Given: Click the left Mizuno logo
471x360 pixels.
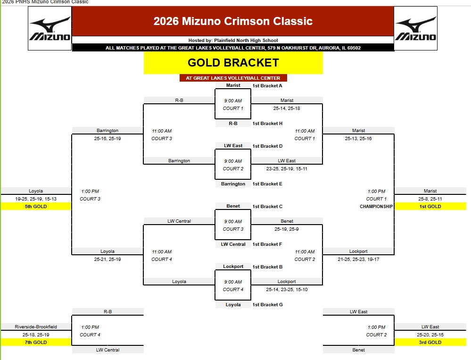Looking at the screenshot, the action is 50,29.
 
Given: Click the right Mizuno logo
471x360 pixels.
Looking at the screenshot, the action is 416,29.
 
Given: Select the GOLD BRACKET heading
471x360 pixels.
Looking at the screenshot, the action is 233,62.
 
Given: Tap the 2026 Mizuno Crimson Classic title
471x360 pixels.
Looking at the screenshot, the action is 233,21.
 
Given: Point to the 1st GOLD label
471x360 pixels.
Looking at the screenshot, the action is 430,207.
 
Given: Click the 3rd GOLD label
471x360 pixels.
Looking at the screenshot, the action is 430,342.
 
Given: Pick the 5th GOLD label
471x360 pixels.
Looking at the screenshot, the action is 36,207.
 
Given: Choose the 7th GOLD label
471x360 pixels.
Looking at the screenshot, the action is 36,342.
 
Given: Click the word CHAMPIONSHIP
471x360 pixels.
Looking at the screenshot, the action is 376,207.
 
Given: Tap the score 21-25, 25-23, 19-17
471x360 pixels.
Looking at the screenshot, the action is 358,259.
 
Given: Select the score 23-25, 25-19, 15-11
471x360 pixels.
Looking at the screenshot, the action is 287,168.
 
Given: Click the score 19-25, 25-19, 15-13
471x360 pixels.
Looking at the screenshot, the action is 36,199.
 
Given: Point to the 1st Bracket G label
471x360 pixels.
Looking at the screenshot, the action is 267,305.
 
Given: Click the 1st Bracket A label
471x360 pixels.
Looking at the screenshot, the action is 267,86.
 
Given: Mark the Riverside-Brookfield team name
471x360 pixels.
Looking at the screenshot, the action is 36,327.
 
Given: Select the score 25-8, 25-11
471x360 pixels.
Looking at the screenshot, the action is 430,199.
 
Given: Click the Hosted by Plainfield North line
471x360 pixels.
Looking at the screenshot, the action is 233,40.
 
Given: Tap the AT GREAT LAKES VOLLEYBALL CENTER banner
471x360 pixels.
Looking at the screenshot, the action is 233,78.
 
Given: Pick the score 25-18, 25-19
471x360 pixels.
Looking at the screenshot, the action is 36,335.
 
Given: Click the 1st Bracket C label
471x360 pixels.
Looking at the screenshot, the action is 267,207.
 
